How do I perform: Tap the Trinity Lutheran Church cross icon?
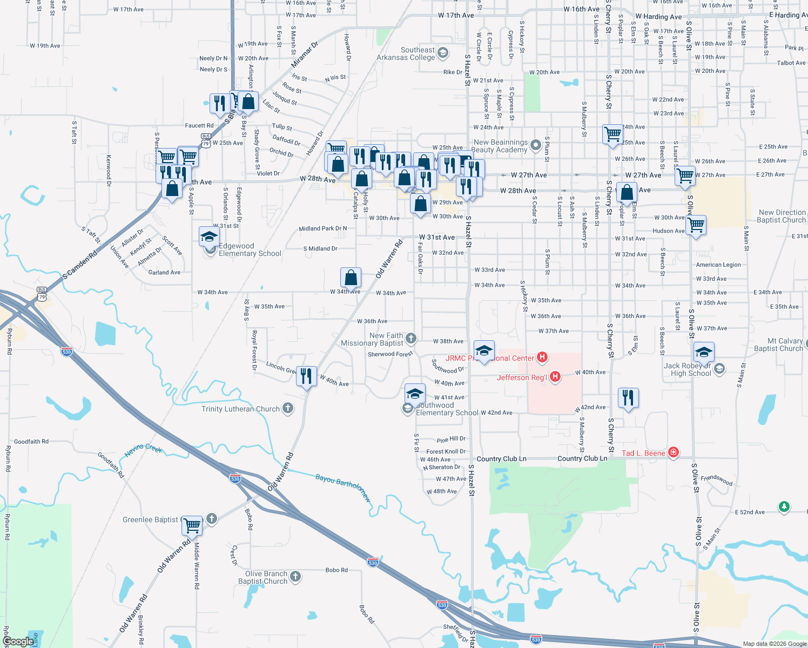click(x=288, y=408)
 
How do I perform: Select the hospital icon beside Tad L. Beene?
click(x=673, y=453)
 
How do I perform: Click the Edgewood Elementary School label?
click(x=250, y=249)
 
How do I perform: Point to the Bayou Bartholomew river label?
click(x=343, y=488)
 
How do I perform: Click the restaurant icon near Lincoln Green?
click(x=306, y=375)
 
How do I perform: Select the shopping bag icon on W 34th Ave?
click(x=351, y=278)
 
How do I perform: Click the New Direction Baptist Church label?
click(x=782, y=216)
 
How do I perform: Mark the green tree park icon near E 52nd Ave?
click(x=784, y=507)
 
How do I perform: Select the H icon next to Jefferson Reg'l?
click(x=555, y=377)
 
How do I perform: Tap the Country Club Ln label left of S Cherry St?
click(x=582, y=458)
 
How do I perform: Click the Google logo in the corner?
click(x=18, y=642)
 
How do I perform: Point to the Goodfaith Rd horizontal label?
click(x=31, y=441)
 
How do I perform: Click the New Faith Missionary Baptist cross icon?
click(x=411, y=339)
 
